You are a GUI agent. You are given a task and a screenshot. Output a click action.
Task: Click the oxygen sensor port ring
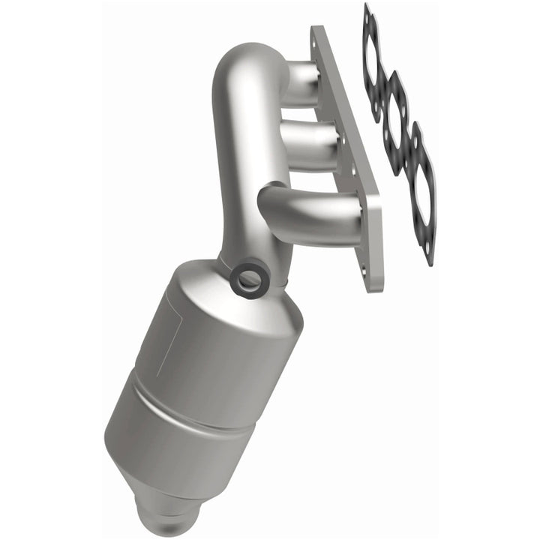[x=249, y=280]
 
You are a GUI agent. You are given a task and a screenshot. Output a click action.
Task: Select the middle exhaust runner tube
[x=307, y=139]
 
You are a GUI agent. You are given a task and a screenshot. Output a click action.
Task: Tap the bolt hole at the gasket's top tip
[x=367, y=13]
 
